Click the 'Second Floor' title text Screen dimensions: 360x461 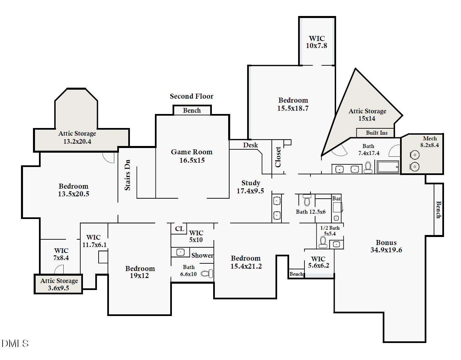(192, 96)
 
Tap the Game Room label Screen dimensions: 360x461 (192, 156)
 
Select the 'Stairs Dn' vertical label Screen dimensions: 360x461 (127, 175)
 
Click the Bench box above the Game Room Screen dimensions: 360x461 (192, 110)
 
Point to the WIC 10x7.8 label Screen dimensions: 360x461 (316, 42)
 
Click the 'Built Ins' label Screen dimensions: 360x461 (376, 133)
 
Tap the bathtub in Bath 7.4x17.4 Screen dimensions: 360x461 (388, 167)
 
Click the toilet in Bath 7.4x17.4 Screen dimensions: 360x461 (368, 167)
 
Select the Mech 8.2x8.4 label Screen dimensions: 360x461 (429, 142)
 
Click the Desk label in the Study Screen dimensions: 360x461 (250, 145)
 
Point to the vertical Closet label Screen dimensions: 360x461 (278, 157)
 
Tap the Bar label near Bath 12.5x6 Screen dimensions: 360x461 (336, 198)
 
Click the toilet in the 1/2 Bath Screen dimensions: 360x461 (323, 242)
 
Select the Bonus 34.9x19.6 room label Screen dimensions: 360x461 (386, 246)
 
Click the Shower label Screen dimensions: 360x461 (202, 255)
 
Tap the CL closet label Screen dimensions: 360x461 (179, 229)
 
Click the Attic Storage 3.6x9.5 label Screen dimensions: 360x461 (59, 284)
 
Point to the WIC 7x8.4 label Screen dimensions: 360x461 (61, 254)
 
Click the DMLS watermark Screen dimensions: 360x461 (15, 343)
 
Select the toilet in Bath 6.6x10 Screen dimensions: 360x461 (207, 274)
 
